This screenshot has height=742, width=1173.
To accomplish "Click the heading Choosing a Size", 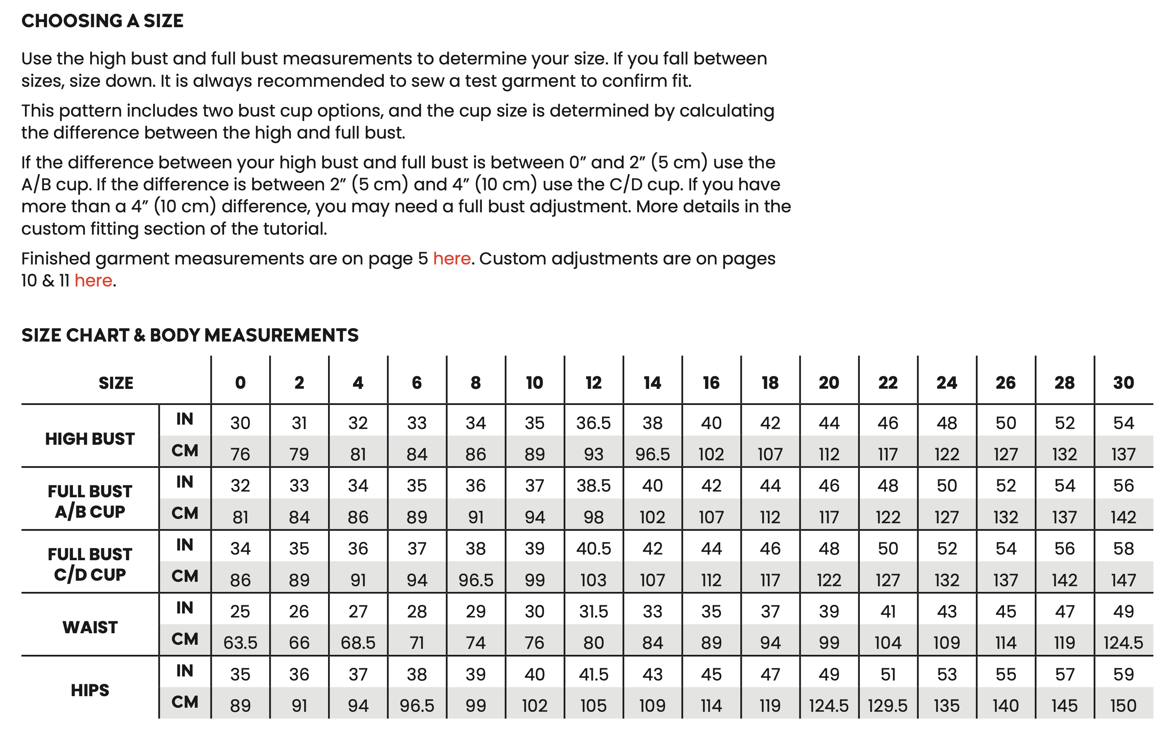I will tap(102, 21).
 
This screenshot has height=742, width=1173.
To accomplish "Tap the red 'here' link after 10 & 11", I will tap(93, 280).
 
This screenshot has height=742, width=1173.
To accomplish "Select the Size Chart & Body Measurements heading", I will tap(190, 335).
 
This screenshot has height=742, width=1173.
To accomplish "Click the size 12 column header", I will tap(593, 383).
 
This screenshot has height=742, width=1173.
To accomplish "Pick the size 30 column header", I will tap(1123, 383).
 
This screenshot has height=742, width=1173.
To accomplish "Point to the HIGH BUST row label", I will tap(90, 439).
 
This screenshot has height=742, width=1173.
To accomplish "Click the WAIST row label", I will tap(90, 628).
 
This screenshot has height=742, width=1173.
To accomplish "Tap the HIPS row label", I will tap(90, 690).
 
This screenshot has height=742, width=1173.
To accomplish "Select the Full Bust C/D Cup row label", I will tap(90, 564).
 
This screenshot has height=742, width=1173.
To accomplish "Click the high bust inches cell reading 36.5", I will tap(593, 423).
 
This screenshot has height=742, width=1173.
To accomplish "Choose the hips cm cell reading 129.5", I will tap(887, 706).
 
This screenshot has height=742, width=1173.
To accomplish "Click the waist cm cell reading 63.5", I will tap(240, 643).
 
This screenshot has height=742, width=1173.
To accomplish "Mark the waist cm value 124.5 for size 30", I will tap(1123, 643).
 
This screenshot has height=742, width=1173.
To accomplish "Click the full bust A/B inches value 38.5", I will tap(593, 486).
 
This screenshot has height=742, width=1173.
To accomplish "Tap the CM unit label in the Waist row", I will tap(185, 639).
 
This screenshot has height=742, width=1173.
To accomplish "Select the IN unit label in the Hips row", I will tap(185, 671).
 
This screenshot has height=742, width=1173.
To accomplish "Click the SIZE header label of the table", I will tap(116, 383).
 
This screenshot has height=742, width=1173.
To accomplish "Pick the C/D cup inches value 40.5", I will tap(593, 549).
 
